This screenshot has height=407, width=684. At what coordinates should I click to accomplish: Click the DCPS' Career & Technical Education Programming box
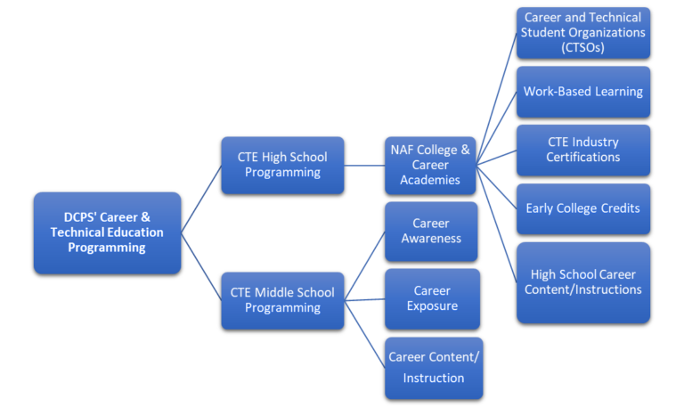coord(107,232)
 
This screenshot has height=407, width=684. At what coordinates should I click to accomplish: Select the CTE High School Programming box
coord(282,165)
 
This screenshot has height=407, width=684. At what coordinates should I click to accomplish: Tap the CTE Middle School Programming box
coord(282,300)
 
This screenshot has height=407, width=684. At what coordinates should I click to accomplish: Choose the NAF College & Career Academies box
coord(431,165)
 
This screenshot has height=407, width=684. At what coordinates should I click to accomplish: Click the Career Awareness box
coord(431,231)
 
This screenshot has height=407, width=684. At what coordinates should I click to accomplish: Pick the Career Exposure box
coord(431,298)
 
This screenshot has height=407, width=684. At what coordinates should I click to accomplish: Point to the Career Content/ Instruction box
coord(433,367)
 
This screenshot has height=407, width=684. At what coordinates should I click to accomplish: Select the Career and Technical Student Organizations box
coord(583,33)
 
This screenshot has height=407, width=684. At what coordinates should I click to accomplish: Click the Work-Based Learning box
coord(583,92)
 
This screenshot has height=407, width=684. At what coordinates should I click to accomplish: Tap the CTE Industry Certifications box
coord(583,150)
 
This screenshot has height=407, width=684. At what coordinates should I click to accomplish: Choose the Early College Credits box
coord(583,208)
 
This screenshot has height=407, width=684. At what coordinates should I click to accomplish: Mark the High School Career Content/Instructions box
coord(583,281)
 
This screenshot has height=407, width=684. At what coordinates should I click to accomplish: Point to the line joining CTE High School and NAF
coord(364,165)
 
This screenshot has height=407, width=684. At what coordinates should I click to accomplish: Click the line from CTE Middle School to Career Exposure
coord(365,299)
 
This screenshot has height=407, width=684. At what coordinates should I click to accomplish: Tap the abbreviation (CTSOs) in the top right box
coord(583,48)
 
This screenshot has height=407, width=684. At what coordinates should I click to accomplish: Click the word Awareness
coord(431,239)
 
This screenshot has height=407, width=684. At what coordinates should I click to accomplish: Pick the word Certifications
coord(583,158)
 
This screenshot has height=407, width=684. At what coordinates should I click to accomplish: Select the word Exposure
coord(431,306)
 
